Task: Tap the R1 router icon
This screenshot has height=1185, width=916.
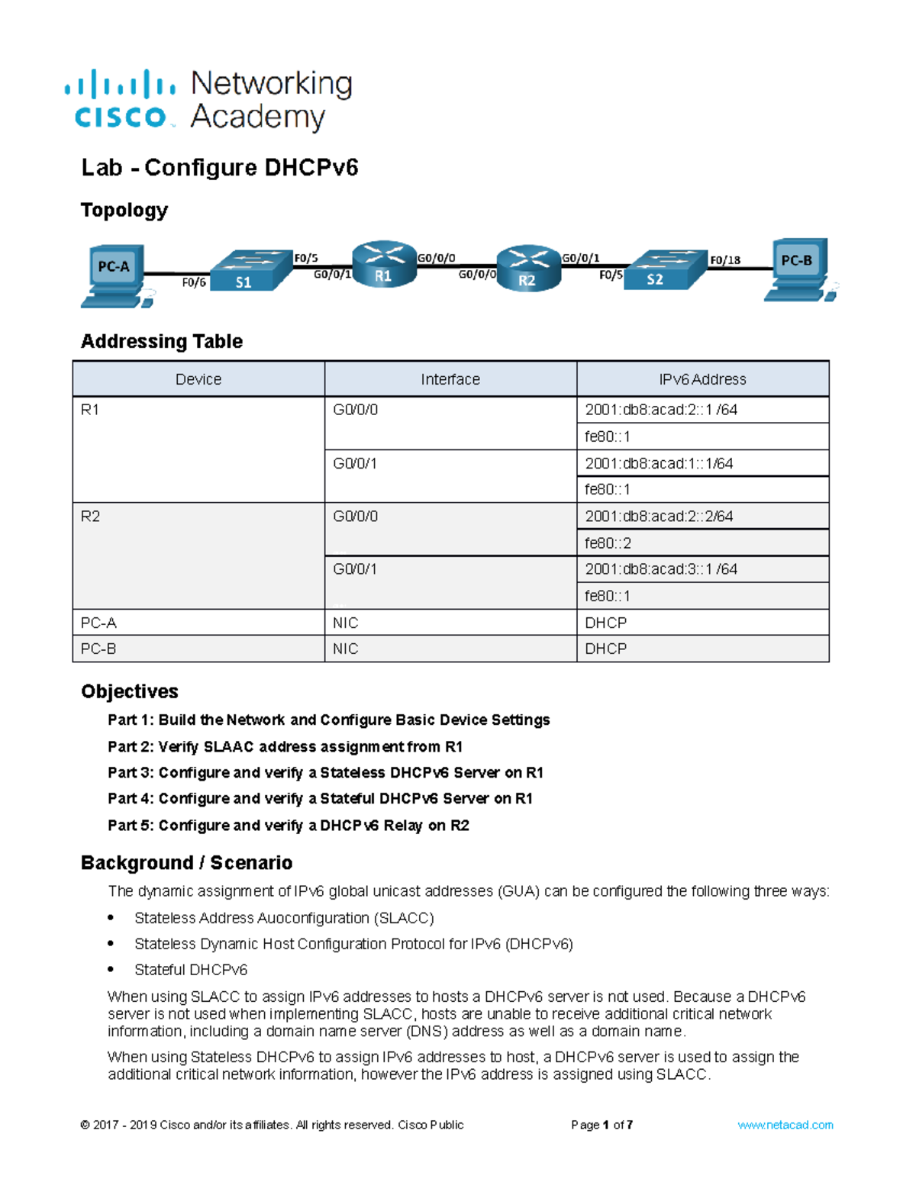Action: pos(384,266)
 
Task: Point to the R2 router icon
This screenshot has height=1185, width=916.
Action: pos(528,269)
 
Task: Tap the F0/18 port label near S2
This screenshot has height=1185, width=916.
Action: pos(724,260)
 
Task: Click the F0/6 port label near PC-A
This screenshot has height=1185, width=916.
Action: pos(194,283)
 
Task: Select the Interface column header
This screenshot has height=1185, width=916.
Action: pos(450,379)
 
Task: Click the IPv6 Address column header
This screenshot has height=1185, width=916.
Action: pos(702,379)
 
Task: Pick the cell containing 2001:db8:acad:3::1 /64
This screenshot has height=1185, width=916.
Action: pos(661,569)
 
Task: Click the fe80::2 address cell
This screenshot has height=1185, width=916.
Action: pos(608,543)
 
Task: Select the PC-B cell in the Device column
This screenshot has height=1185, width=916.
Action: pos(99,649)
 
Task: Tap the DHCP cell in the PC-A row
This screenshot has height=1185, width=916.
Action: pos(606,623)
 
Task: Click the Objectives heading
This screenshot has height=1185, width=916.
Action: pos(130,691)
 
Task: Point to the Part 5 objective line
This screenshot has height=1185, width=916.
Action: pos(288,826)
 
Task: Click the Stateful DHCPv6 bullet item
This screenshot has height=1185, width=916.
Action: pos(191,970)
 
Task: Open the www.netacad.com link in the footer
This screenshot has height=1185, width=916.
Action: pos(785,1125)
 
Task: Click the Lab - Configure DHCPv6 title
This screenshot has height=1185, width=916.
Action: pos(220,168)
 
